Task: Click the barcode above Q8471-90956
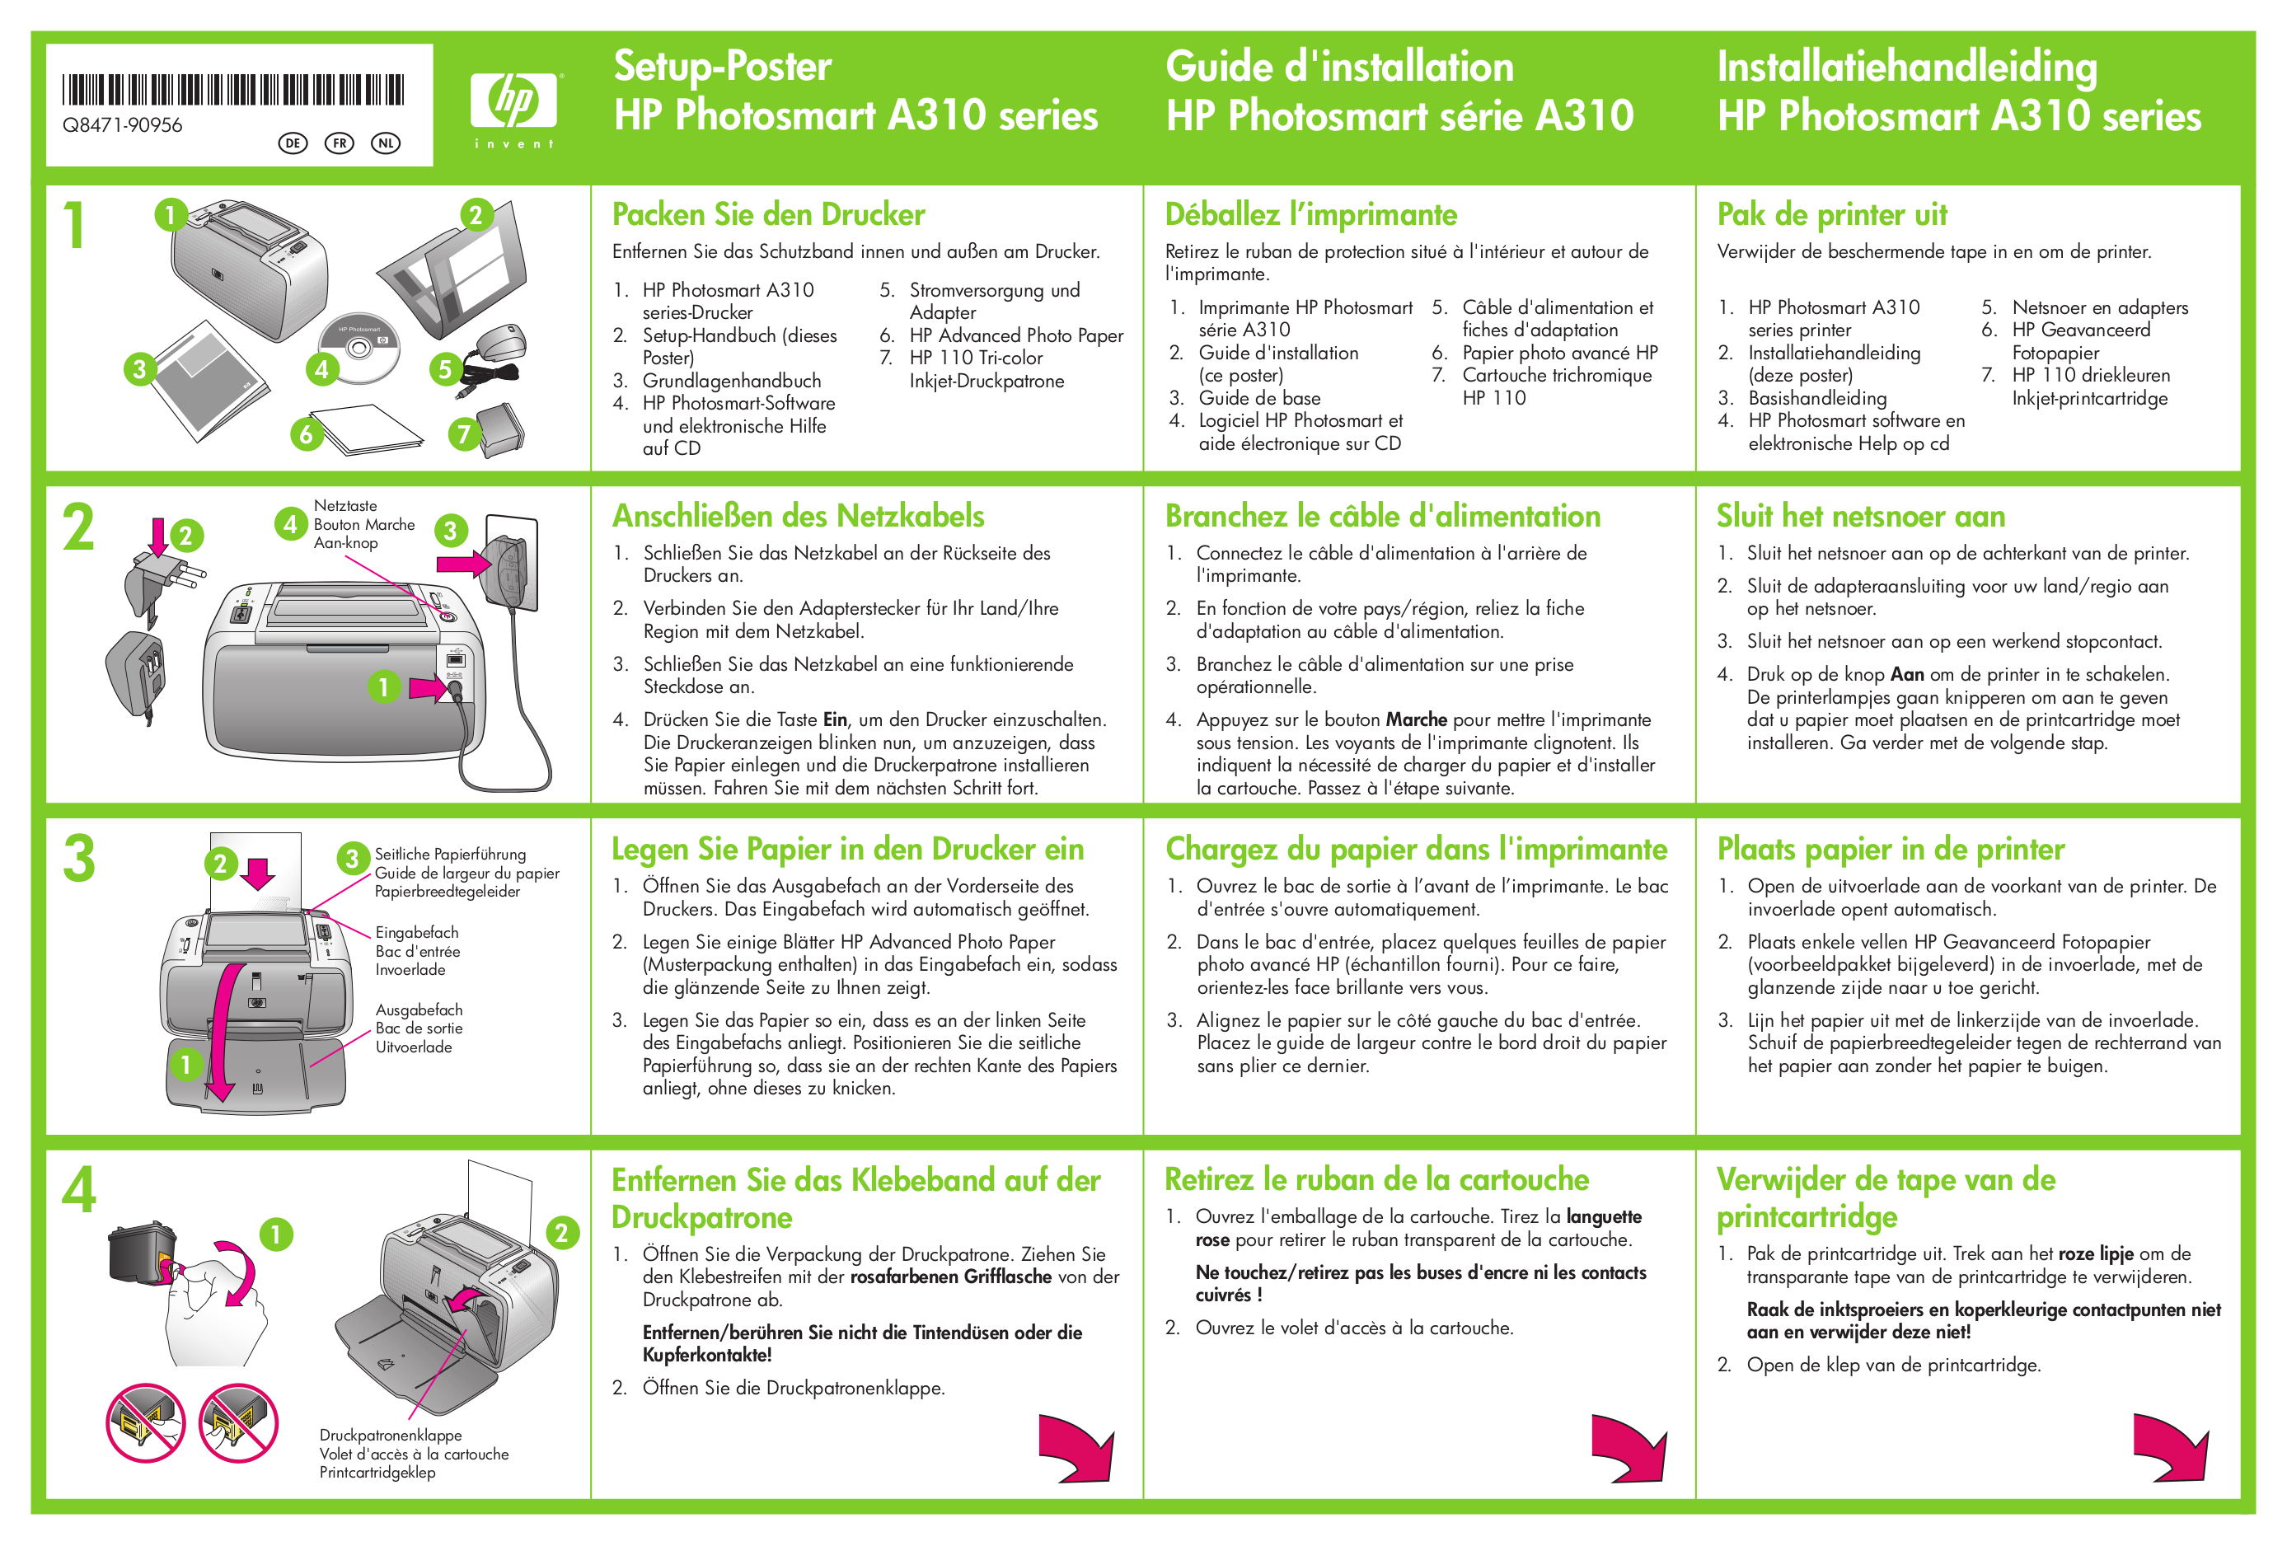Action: click(232, 90)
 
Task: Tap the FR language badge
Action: click(340, 143)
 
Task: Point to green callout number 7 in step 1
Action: click(463, 434)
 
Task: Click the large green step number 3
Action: click(79, 858)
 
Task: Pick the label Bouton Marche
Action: click(364, 524)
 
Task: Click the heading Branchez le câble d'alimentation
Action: click(1381, 516)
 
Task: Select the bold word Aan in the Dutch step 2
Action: click(1906, 675)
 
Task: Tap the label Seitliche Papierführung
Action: click(450, 855)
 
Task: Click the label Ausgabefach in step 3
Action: click(418, 1010)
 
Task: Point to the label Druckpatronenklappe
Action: click(390, 1435)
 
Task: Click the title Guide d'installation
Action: click(1338, 67)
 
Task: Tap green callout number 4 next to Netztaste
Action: click(289, 523)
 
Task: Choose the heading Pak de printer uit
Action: click(1831, 214)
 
